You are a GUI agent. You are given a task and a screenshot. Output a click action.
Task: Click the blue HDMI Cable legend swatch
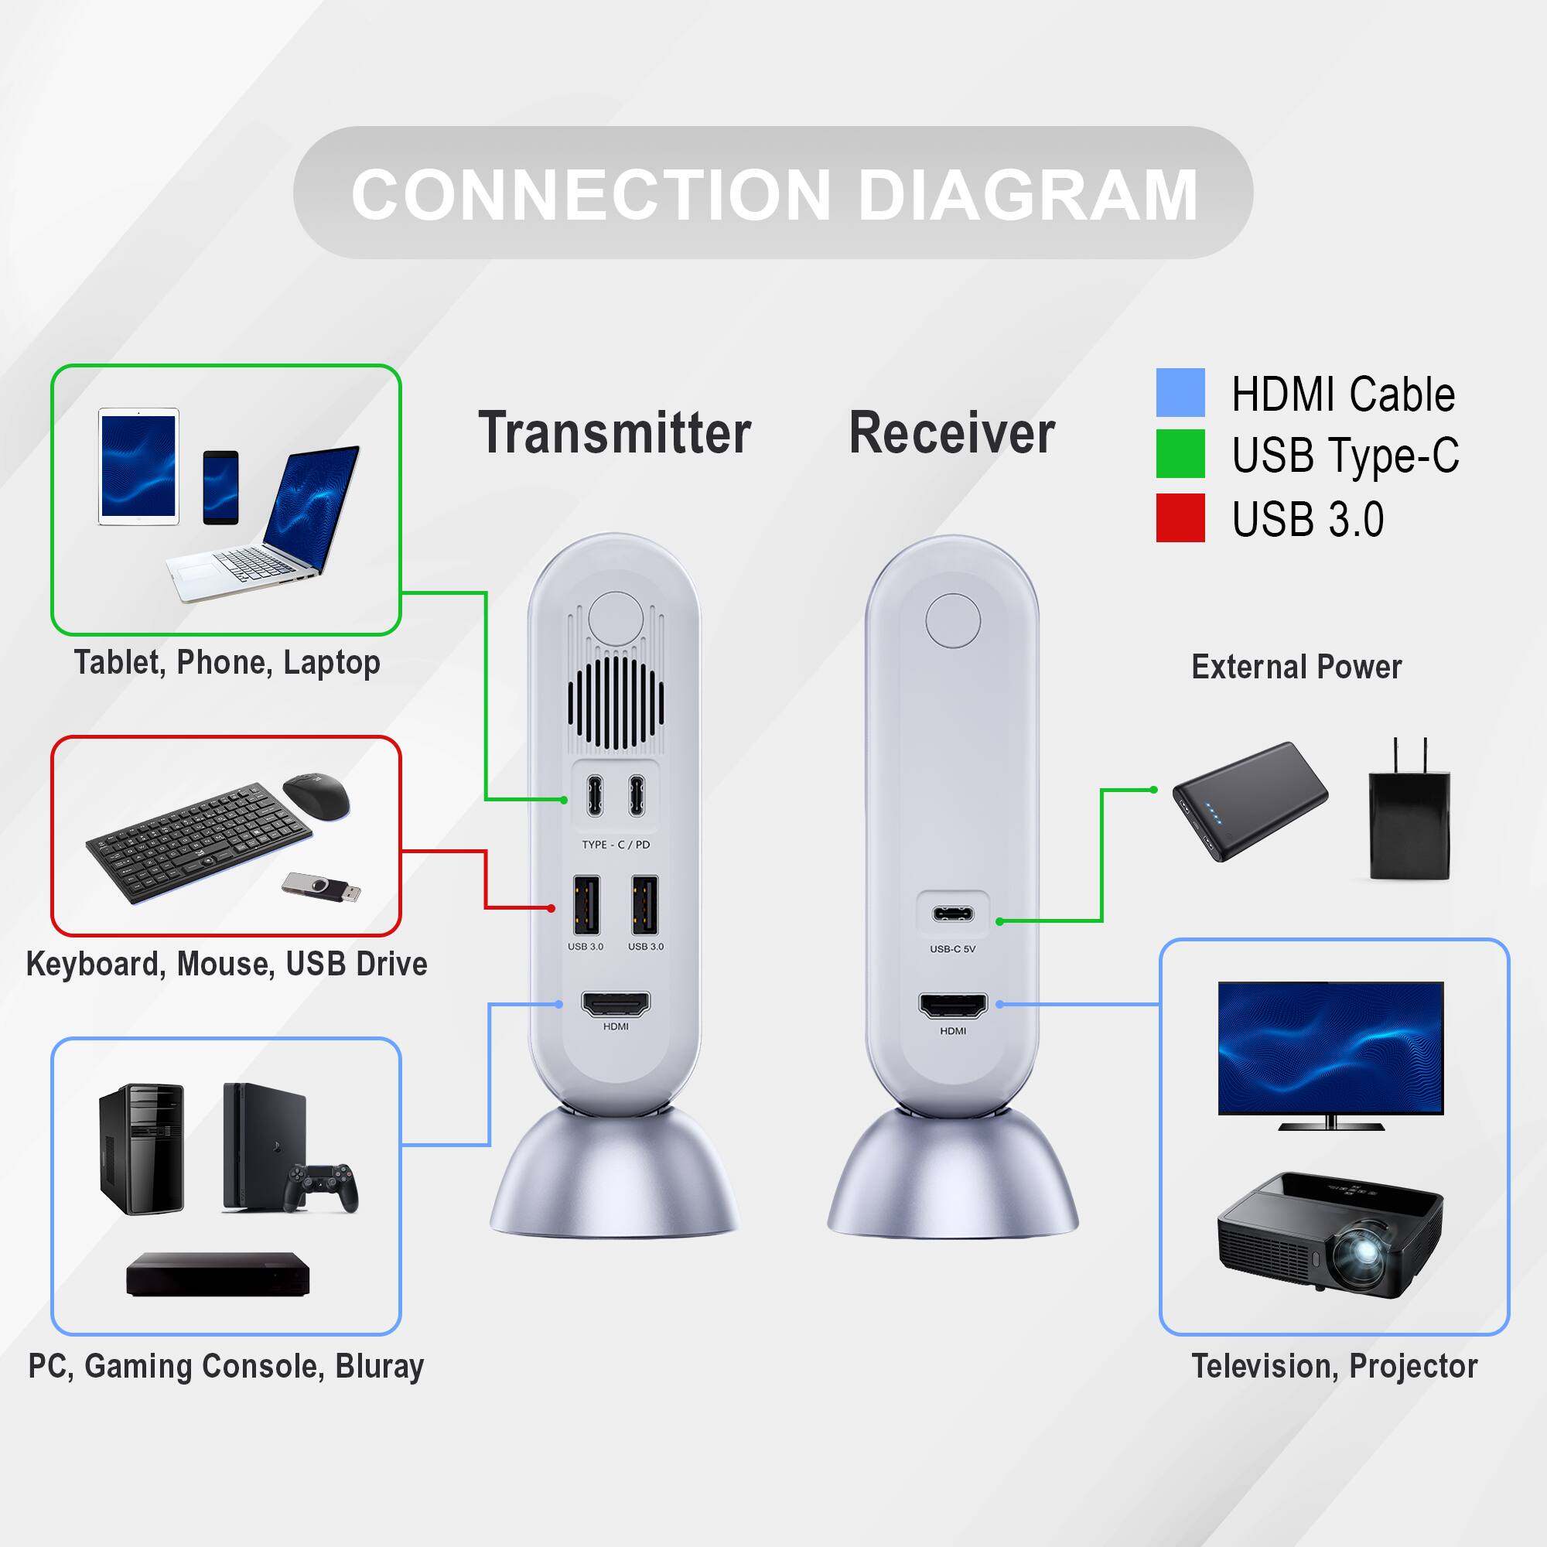pyautogui.click(x=1180, y=392)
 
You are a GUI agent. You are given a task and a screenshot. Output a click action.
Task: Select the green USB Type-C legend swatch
pyautogui.click(x=1180, y=453)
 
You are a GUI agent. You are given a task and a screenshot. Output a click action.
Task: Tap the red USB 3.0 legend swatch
pyautogui.click(x=1180, y=517)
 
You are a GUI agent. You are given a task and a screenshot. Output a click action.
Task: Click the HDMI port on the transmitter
pyautogui.click(x=615, y=1003)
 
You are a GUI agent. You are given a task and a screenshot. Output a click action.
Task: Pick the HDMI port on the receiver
pyautogui.click(x=953, y=1005)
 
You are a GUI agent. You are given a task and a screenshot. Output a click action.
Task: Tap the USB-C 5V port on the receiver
pyautogui.click(x=952, y=914)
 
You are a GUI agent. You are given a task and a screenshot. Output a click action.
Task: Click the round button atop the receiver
pyautogui.click(x=953, y=620)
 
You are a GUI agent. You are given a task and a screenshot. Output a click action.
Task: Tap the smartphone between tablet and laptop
pyautogui.click(x=220, y=487)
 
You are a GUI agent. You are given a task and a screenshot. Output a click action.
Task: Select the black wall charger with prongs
pyautogui.click(x=1409, y=821)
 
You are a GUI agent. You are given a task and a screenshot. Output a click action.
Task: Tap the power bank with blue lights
pyautogui.click(x=1249, y=801)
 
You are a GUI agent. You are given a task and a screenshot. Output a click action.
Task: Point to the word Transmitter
pyautogui.click(x=614, y=433)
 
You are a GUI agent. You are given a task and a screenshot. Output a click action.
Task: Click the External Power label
pyautogui.click(x=1296, y=667)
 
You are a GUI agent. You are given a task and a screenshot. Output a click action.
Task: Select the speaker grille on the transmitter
pyautogui.click(x=615, y=703)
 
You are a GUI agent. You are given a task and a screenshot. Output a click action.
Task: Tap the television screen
pyautogui.click(x=1330, y=1047)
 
